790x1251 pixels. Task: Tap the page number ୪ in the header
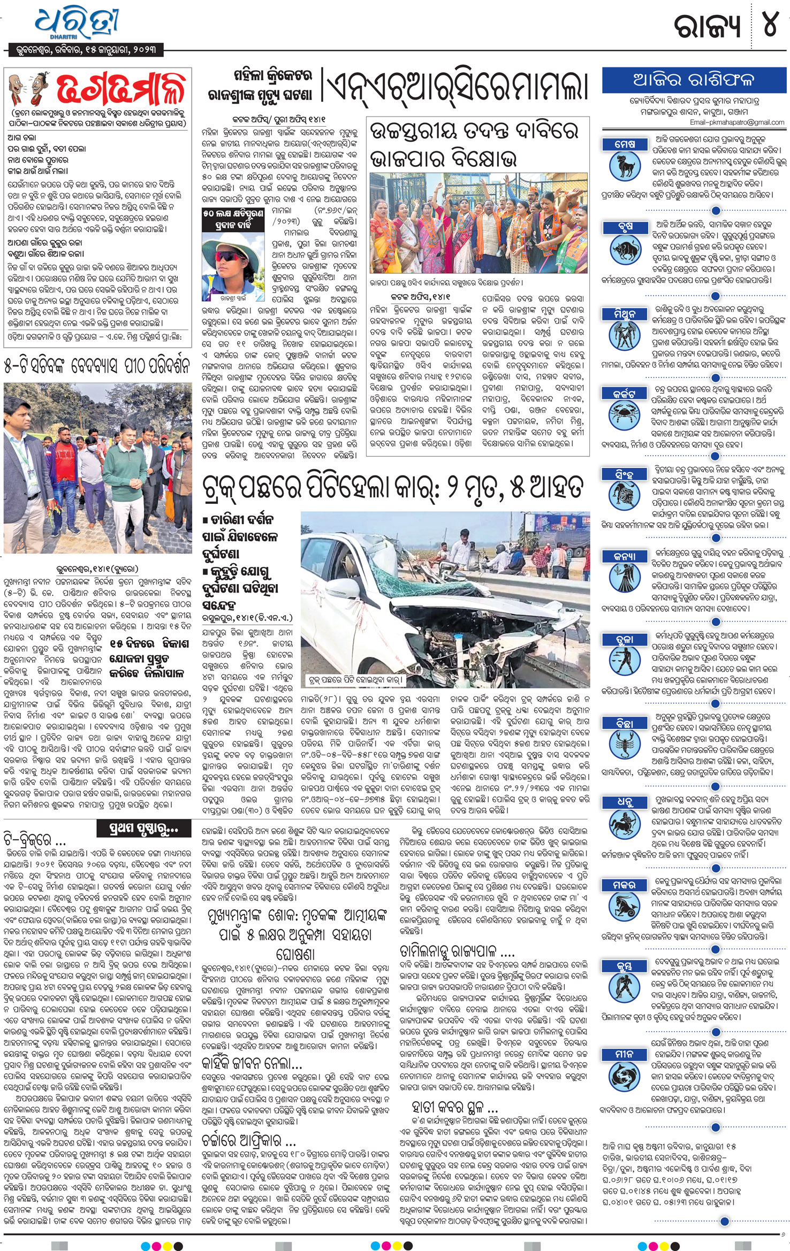click(x=770, y=24)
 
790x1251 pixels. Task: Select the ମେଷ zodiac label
click(x=625, y=144)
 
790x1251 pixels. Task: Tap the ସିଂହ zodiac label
click(x=625, y=474)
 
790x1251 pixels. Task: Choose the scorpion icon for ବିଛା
click(x=625, y=746)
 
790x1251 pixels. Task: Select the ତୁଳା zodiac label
click(x=625, y=639)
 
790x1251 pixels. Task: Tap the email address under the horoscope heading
click(x=737, y=122)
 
